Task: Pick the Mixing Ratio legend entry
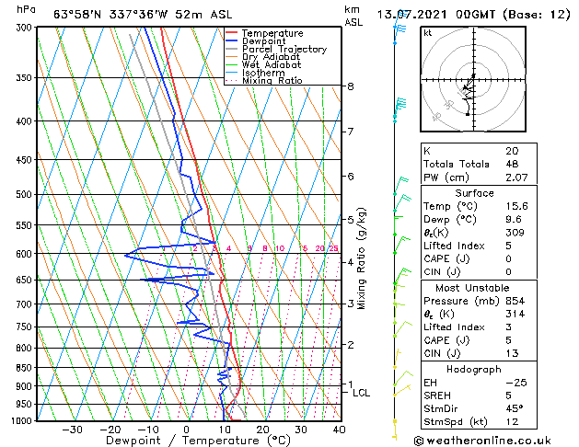tap(272, 81)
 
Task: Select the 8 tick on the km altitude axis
tap(350, 86)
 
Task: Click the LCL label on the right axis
tap(362, 393)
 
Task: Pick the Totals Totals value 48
tap(512, 164)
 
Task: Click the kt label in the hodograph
tap(427, 32)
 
